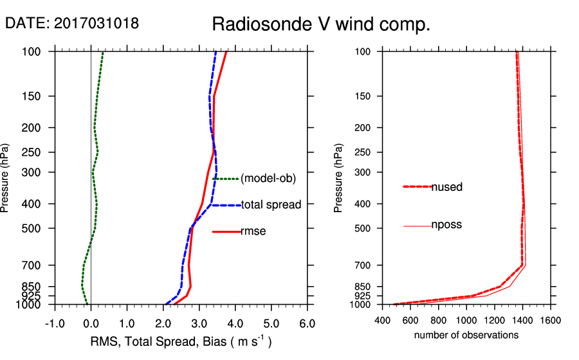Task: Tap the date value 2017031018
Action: click(96, 23)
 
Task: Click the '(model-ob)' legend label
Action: click(268, 179)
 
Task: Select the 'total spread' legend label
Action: click(271, 205)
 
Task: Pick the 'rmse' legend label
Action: click(253, 231)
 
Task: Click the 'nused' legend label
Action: click(446, 187)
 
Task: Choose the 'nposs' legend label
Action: click(446, 225)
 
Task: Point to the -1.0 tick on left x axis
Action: click(55, 323)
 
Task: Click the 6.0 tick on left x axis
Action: click(307, 323)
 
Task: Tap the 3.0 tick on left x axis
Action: click(199, 323)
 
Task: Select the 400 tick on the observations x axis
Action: click(383, 319)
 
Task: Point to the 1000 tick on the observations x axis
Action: click(466, 319)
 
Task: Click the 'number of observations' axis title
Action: click(466, 335)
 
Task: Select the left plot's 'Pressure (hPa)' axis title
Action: click(6, 177)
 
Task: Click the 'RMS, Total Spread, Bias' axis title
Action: click(180, 342)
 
